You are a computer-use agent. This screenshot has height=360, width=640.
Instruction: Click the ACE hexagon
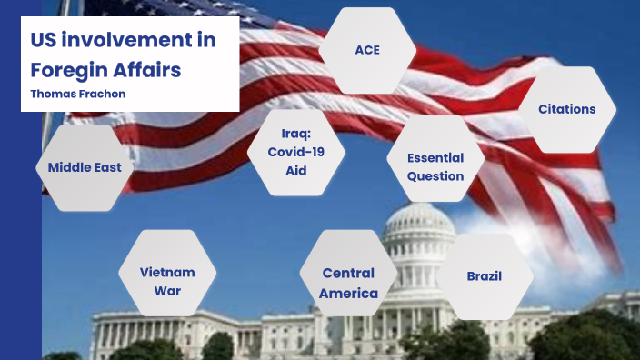367,50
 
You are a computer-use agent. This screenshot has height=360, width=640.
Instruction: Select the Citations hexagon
566,109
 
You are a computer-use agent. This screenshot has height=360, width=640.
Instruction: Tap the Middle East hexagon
85,167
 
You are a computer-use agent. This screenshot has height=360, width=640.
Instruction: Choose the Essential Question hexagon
435,166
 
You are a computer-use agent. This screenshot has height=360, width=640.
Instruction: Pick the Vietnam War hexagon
167,281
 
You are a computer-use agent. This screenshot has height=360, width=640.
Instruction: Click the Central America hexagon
349,283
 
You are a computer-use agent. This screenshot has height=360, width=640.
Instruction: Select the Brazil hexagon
485,276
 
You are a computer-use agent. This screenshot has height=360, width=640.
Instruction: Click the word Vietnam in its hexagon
167,272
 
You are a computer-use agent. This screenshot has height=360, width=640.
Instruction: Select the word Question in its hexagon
435,176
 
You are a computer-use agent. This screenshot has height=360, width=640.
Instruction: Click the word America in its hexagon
349,294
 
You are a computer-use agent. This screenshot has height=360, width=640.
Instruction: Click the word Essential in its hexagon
435,157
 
